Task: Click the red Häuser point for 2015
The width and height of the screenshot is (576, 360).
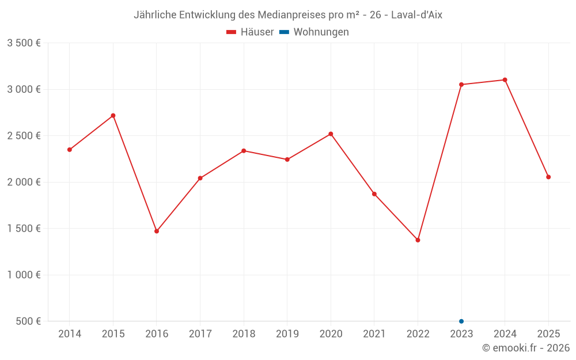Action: click(113, 116)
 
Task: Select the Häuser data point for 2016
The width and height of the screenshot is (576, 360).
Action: click(157, 231)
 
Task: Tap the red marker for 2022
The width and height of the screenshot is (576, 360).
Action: click(418, 240)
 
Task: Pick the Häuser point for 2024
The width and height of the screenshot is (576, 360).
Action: click(505, 80)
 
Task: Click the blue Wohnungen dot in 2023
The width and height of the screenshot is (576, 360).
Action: click(461, 321)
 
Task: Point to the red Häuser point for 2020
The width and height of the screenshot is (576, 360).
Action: click(331, 134)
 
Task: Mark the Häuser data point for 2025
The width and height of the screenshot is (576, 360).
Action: click(548, 177)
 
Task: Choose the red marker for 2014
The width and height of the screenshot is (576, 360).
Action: click(70, 150)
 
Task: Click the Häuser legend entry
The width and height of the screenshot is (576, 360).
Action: click(250, 32)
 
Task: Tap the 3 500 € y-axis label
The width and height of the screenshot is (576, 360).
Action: click(24, 43)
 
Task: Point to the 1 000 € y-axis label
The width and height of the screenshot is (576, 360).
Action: click(24, 275)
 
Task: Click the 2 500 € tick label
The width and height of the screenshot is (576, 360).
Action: click(24, 136)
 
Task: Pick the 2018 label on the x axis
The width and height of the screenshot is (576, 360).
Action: click(244, 334)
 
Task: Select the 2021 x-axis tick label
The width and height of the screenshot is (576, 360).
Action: click(374, 334)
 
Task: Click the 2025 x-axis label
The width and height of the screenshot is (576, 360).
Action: click(548, 334)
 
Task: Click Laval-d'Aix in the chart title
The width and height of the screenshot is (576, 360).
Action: click(416, 15)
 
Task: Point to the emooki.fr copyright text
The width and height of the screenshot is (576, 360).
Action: click(526, 348)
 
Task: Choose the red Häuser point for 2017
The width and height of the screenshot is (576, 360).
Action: click(200, 178)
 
